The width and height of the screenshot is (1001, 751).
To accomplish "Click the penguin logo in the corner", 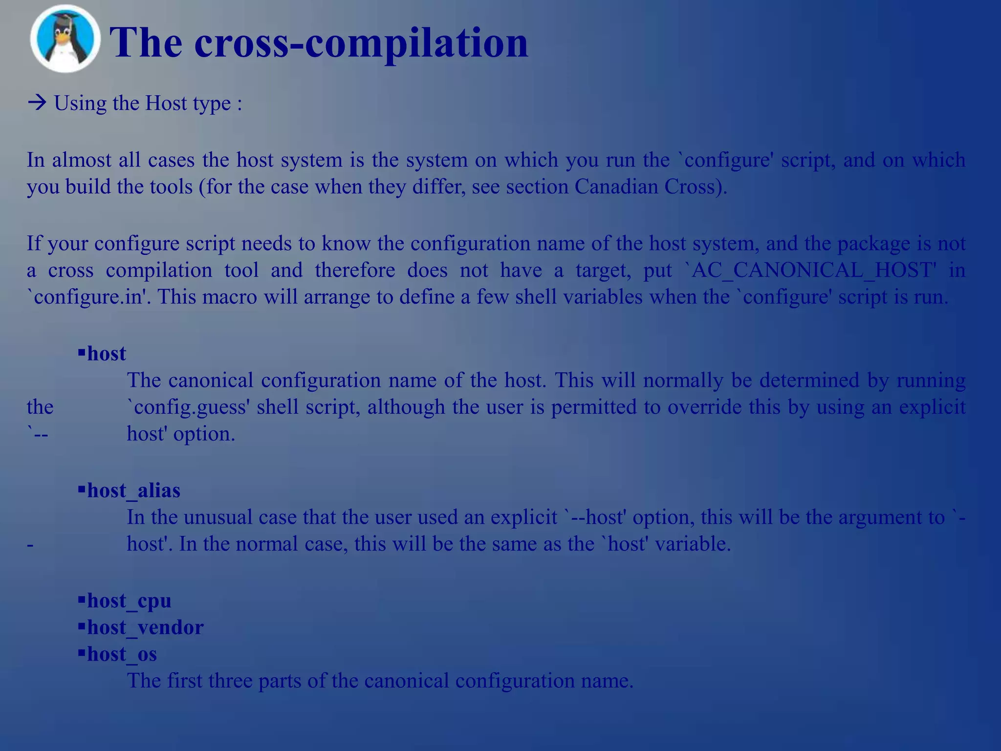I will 65,39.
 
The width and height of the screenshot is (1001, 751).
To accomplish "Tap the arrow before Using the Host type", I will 37,103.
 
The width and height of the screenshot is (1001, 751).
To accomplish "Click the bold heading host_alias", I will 133,490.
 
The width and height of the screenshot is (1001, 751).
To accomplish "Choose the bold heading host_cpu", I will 129,600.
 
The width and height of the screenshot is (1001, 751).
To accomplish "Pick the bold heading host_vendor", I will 145,627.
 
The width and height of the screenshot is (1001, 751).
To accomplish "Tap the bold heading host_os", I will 122,654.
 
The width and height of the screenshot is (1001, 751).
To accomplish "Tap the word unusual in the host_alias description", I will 218,517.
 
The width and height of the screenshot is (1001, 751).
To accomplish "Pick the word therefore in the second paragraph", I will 355,270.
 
